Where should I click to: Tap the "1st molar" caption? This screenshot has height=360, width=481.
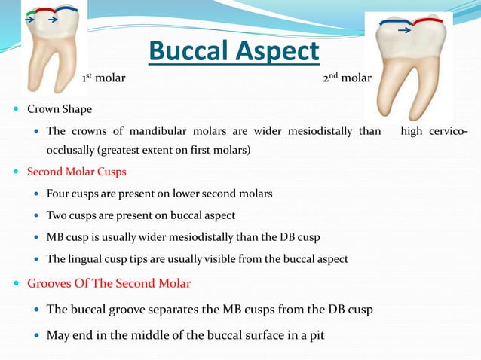pos(103,78)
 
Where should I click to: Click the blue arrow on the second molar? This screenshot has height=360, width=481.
pos(405,31)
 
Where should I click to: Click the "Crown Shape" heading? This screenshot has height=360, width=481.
pos(60,109)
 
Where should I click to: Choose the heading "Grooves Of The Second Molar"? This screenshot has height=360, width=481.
pos(109,284)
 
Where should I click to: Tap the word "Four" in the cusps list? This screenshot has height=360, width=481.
pos(59,194)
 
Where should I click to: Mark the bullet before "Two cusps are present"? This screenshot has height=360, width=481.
pos(37,216)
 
